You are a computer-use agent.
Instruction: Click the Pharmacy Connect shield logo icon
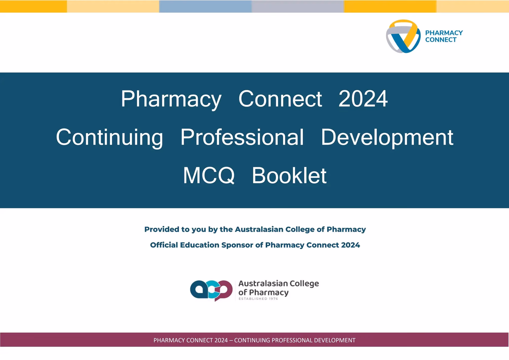[x=403, y=36]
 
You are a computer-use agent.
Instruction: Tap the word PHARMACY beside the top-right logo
[x=444, y=33]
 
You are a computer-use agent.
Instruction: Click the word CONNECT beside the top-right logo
[x=441, y=40]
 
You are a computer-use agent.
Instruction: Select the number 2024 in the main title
[x=363, y=99]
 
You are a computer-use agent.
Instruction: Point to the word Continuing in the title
[x=109, y=137]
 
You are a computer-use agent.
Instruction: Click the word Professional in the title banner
[x=242, y=137]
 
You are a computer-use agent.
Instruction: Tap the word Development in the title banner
[x=387, y=137]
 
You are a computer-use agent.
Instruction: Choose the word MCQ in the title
[x=209, y=175]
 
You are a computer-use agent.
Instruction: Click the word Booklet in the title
[x=289, y=175]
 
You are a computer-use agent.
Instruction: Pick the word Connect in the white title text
[x=280, y=99]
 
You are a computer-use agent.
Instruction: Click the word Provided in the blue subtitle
[x=162, y=229]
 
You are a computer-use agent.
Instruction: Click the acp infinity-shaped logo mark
[x=211, y=290]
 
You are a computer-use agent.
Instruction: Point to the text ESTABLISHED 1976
[x=258, y=299]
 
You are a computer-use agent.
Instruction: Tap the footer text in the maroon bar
[x=254, y=340]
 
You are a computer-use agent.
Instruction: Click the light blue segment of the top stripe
[x=205, y=6]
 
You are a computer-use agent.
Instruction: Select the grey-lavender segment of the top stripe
[x=297, y=6]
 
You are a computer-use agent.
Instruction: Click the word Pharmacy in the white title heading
[x=171, y=99]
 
